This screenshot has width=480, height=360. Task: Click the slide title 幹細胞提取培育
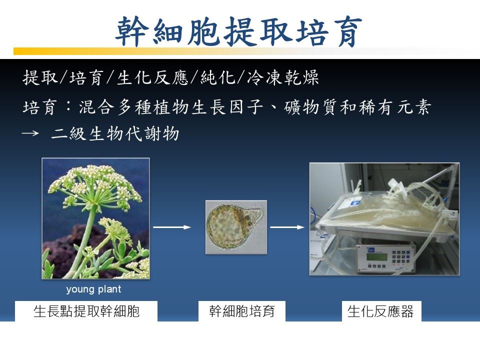pos(238,31)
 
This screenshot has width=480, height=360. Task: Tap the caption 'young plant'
pos(93,289)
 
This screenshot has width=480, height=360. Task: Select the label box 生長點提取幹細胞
pos(86,311)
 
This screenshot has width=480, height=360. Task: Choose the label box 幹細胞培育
pos(242,311)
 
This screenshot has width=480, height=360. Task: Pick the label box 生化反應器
pos(381,311)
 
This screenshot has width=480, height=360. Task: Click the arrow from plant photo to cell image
pos(172,227)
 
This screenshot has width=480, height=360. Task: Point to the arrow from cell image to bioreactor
pos(287,227)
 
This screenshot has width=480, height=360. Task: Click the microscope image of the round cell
pos(236,227)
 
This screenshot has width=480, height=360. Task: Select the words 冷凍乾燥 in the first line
pos(283,77)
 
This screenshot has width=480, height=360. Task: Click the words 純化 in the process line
pos(218,77)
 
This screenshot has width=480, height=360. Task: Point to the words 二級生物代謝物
pos(115,134)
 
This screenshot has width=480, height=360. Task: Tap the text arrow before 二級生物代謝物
pos(30,133)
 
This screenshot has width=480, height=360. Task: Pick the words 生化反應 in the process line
pos(152,77)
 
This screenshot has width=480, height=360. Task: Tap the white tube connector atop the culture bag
pos(397,187)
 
